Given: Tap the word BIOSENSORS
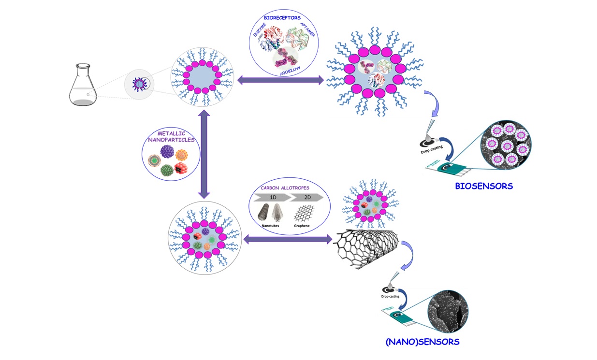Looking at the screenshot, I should click(x=484, y=186).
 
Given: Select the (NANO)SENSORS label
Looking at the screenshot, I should click(x=422, y=342).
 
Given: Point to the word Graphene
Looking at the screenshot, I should click(x=304, y=226).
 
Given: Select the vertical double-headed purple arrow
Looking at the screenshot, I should click(x=204, y=154).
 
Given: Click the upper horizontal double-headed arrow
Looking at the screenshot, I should click(x=280, y=80).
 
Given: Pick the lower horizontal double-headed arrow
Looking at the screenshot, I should click(x=288, y=238).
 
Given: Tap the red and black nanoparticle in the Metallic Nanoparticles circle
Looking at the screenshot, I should click(x=180, y=169).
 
